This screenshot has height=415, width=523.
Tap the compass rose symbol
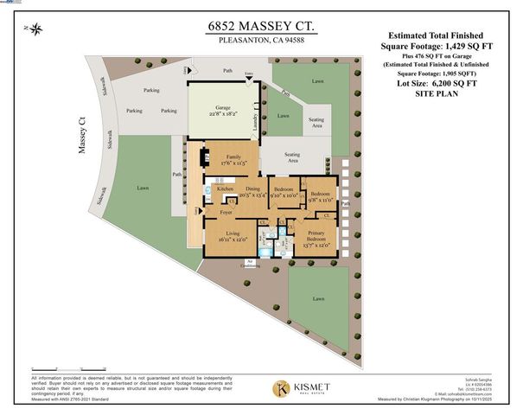[36, 30]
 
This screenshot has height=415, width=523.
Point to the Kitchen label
[225, 188]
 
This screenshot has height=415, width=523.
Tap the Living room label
[233, 233]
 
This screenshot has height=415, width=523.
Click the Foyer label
[226, 210]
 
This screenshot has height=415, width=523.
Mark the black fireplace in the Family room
[204, 158]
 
